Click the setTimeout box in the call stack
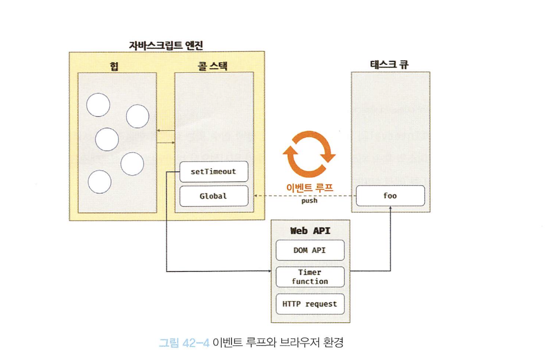pyautogui.click(x=214, y=171)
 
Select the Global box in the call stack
pyautogui.click(x=214, y=196)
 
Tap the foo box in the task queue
pyautogui.click(x=390, y=196)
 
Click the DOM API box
pyautogui.click(x=310, y=250)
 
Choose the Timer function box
pyautogui.click(x=310, y=276)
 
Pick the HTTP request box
pyautogui.click(x=310, y=304)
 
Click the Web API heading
pyautogui.click(x=310, y=231)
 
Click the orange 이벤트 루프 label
pyautogui.click(x=309, y=188)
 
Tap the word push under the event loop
pyautogui.click(x=309, y=201)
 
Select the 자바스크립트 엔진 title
pyautogui.click(x=166, y=46)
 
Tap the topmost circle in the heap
pyautogui.click(x=98, y=105)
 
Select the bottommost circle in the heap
pyautogui.click(x=100, y=181)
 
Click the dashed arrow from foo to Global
pyautogui.click(x=304, y=196)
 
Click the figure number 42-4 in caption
pyautogui.click(x=196, y=342)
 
